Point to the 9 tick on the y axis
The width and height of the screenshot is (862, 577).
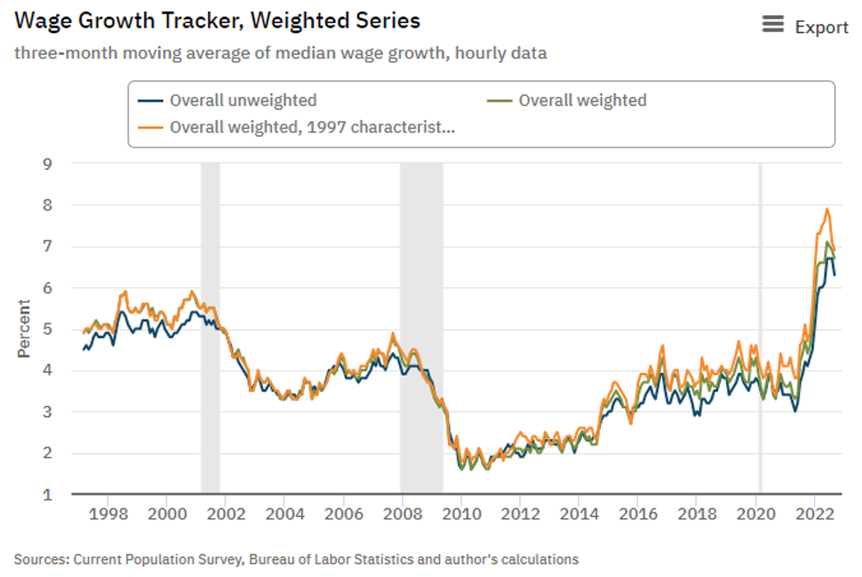(47, 164)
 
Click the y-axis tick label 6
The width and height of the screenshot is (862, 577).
(47, 288)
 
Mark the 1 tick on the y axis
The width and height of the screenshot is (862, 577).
(47, 494)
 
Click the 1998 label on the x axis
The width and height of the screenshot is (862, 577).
(108, 515)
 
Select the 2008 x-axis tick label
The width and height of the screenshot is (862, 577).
(402, 515)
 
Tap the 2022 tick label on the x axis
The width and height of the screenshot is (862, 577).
(813, 515)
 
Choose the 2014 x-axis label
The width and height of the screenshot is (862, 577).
(578, 515)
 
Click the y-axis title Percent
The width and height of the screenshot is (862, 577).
(24, 329)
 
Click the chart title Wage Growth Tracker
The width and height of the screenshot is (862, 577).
(217, 20)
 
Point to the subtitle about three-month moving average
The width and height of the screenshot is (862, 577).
(281, 54)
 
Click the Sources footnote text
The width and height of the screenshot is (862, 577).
(296, 560)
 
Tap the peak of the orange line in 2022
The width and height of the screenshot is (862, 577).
(827, 209)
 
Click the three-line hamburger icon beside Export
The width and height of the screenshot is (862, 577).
(774, 26)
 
